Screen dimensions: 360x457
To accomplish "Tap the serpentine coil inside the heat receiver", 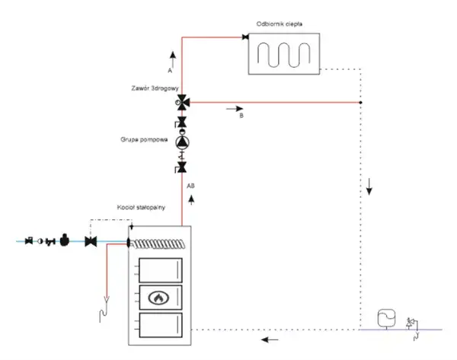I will pyautogui.click(x=283, y=55).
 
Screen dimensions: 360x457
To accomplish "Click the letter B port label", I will pyautogui.click(x=240, y=116).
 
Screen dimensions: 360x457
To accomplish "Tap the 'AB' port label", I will pyautogui.click(x=190, y=184).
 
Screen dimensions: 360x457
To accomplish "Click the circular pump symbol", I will pyautogui.click(x=183, y=142).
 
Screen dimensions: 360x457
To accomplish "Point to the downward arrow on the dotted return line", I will pyautogui.click(x=369, y=188).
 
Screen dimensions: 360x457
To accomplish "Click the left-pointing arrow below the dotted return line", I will pyautogui.click(x=267, y=339).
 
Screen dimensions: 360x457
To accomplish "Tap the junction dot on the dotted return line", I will pyautogui.click(x=361, y=103).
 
